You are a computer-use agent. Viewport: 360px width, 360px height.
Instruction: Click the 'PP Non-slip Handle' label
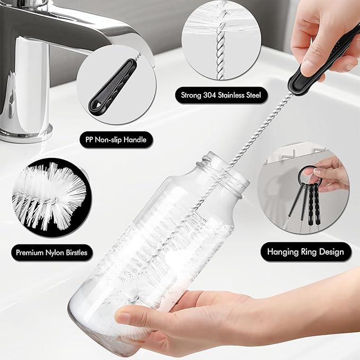(x=116, y=140)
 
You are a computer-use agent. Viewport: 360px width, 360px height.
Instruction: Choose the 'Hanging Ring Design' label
(x=305, y=251)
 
